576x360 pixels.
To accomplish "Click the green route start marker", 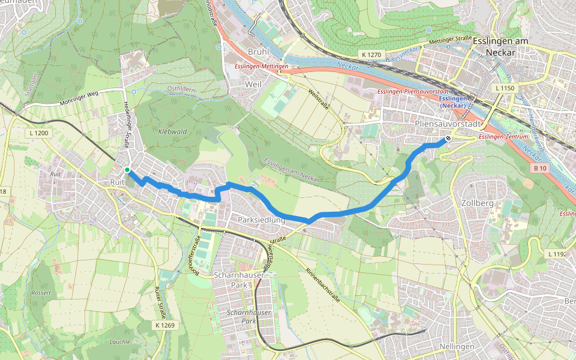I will (127, 170).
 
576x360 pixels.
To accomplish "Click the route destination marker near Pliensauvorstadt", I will (448, 139).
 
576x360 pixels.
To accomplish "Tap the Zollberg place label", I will (478, 203).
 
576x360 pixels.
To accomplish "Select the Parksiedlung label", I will (261, 220).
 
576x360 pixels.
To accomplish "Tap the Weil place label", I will (253, 85).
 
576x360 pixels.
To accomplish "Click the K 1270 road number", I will (371, 55).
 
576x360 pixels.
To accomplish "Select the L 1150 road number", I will (505, 88).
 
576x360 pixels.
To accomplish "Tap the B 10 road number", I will (539, 169).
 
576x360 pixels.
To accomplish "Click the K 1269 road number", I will (164, 325).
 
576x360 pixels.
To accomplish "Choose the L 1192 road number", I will (557, 254).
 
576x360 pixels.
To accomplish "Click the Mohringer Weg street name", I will (79, 99).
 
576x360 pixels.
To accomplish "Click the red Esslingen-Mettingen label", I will (262, 66).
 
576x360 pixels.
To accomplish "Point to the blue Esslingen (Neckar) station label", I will (454, 102).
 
